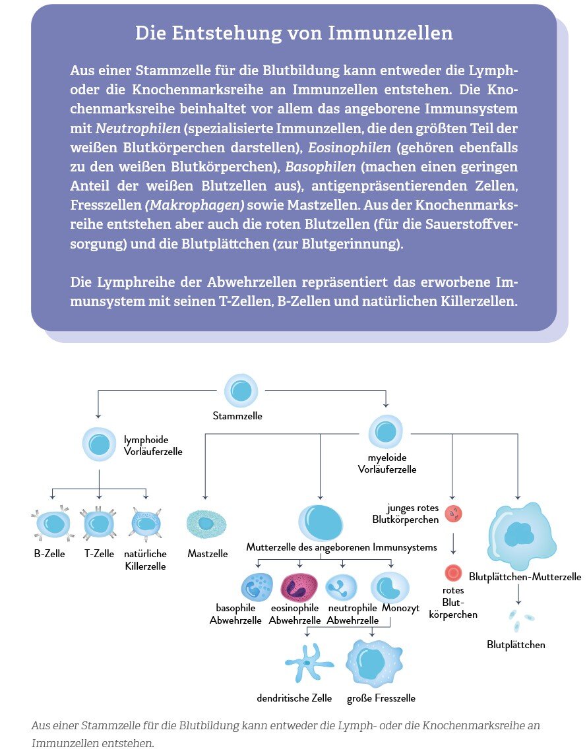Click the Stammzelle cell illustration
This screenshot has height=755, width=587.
click(x=241, y=390)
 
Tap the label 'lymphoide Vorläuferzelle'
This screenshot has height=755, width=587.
click(x=153, y=446)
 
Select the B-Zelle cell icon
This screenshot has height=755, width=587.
click(x=51, y=524)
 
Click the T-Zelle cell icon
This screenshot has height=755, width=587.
click(x=99, y=524)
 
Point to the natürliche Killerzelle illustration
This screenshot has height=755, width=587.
click(x=145, y=524)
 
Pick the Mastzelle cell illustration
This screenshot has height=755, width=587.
click(x=206, y=525)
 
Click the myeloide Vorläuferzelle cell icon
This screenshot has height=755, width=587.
click(x=386, y=432)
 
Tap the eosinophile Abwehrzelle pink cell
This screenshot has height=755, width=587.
click(x=299, y=587)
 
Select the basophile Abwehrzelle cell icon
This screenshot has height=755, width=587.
click(x=257, y=587)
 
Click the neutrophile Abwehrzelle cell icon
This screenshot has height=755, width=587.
click(x=342, y=587)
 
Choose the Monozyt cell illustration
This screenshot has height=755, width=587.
click(x=390, y=587)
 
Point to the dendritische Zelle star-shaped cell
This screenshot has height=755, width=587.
click(x=308, y=662)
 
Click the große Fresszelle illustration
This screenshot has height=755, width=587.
click(x=373, y=663)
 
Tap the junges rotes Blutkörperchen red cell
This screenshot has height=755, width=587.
click(x=453, y=514)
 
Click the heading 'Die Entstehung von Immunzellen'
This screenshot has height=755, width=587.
click(x=294, y=33)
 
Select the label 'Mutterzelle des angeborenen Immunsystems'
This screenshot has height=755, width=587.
click(x=342, y=547)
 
